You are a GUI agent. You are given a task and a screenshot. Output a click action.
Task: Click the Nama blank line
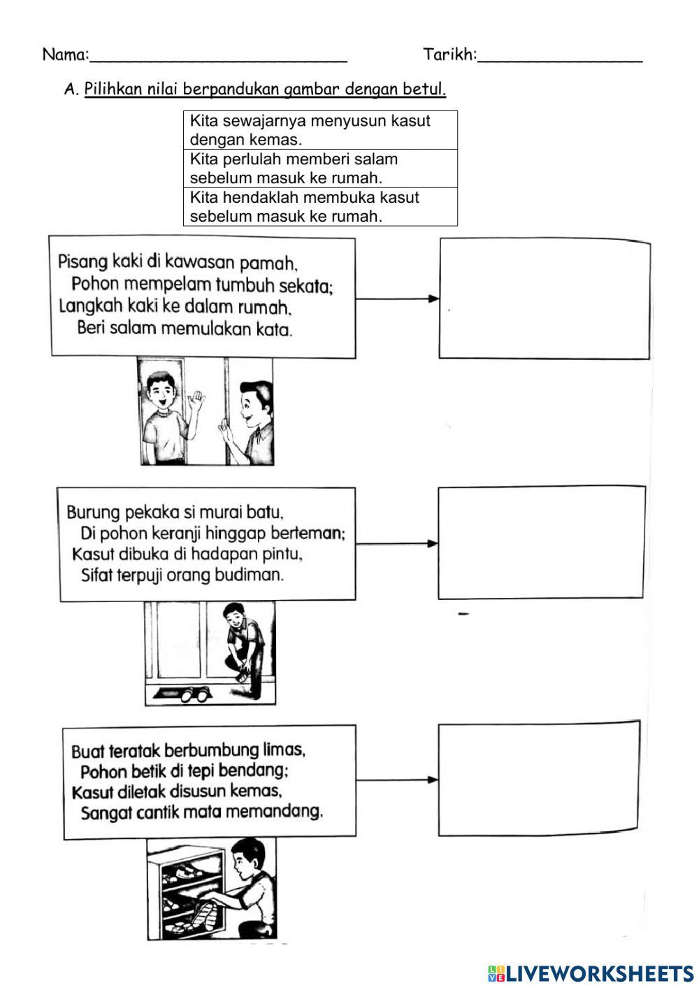click(218, 56)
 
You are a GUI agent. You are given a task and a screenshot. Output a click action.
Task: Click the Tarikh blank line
click(559, 56)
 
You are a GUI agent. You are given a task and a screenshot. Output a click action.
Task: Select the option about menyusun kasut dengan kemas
click(320, 130)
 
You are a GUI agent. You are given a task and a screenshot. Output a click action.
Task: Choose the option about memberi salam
click(320, 169)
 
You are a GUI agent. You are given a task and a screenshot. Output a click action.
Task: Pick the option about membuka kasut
click(320, 207)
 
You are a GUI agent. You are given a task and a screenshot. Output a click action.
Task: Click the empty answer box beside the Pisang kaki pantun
click(545, 299)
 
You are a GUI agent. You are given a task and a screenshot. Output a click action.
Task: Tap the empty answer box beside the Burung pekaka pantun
click(541, 543)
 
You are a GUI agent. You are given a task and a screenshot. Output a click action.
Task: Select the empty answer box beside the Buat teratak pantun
click(538, 777)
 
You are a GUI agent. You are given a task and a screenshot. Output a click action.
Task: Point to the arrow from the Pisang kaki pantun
click(397, 299)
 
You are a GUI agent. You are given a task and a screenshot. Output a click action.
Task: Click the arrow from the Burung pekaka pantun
click(396, 543)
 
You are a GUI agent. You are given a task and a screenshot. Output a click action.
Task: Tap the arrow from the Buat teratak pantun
click(397, 780)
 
